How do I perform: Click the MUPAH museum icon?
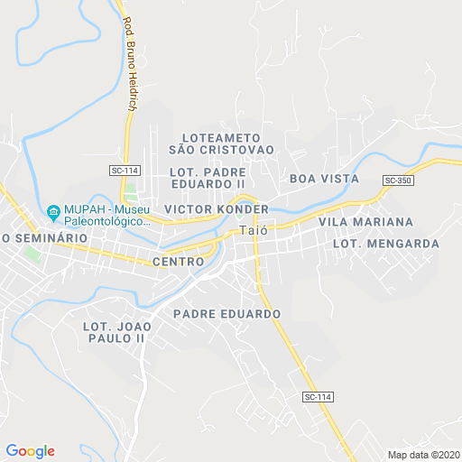53,213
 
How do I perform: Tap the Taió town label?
253,230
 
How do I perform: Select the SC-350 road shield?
397,180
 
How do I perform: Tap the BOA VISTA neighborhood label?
324,179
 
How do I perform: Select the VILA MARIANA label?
365,222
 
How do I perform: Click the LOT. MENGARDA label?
385,244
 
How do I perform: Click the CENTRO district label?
179,261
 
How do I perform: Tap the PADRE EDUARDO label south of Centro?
226,314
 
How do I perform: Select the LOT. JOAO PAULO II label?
114,332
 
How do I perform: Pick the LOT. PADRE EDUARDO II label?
207,177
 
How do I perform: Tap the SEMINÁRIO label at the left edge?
45,237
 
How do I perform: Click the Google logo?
30,451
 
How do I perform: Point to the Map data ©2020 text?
423,454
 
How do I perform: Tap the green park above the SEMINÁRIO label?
33,253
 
